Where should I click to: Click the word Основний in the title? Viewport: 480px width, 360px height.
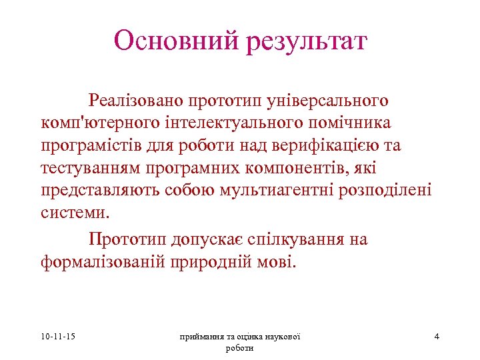click(175, 41)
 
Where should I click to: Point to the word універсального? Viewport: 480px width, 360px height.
click(327, 101)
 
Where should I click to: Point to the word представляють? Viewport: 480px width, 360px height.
click(101, 191)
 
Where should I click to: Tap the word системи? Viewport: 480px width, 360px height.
click(73, 214)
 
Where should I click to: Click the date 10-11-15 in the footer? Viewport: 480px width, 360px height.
click(57, 337)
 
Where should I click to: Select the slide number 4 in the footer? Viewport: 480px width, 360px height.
click(437, 337)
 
